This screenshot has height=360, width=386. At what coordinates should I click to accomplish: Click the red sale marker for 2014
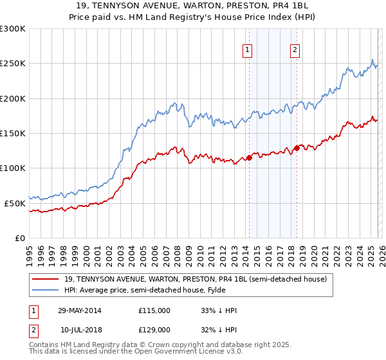tap(250, 157)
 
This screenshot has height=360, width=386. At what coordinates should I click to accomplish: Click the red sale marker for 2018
tap(297, 148)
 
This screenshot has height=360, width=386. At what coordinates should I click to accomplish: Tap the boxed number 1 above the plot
tap(248, 51)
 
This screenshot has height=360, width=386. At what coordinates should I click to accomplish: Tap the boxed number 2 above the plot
tap(295, 51)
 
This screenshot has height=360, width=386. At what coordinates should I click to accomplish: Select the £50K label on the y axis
tap(15, 203)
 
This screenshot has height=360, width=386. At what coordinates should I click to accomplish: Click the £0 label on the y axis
tap(19, 238)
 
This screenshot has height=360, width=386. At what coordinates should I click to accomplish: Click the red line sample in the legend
tap(46, 279)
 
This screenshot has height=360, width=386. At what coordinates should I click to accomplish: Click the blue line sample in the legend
tap(46, 290)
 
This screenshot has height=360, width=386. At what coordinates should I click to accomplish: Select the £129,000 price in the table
tap(154, 329)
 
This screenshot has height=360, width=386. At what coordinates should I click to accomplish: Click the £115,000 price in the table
tap(154, 310)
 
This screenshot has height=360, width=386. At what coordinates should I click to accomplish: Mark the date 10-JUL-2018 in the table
tap(80, 329)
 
